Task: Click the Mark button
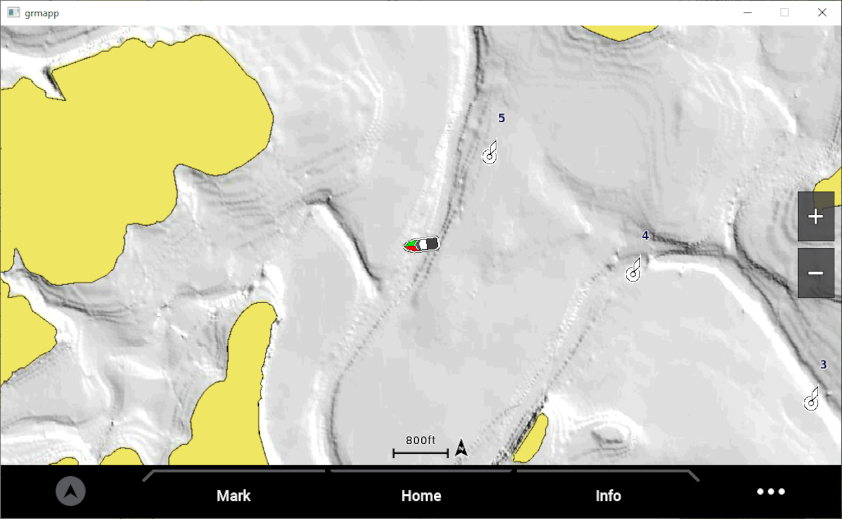coord(233,496)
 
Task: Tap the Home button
coord(421,496)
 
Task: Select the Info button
coord(608,496)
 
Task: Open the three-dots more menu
coord(771,492)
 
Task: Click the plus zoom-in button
coord(816,217)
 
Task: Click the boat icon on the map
coord(421,245)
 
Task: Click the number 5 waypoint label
coord(502,118)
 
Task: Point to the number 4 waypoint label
coord(645,236)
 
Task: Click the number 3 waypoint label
coord(823,365)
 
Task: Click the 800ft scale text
coord(420,440)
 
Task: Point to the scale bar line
coord(421,453)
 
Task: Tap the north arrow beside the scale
coord(461,448)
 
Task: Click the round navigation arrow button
coord(71,491)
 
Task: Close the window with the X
coord(822,13)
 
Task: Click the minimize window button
coord(748,13)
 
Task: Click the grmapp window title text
coord(42,13)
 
